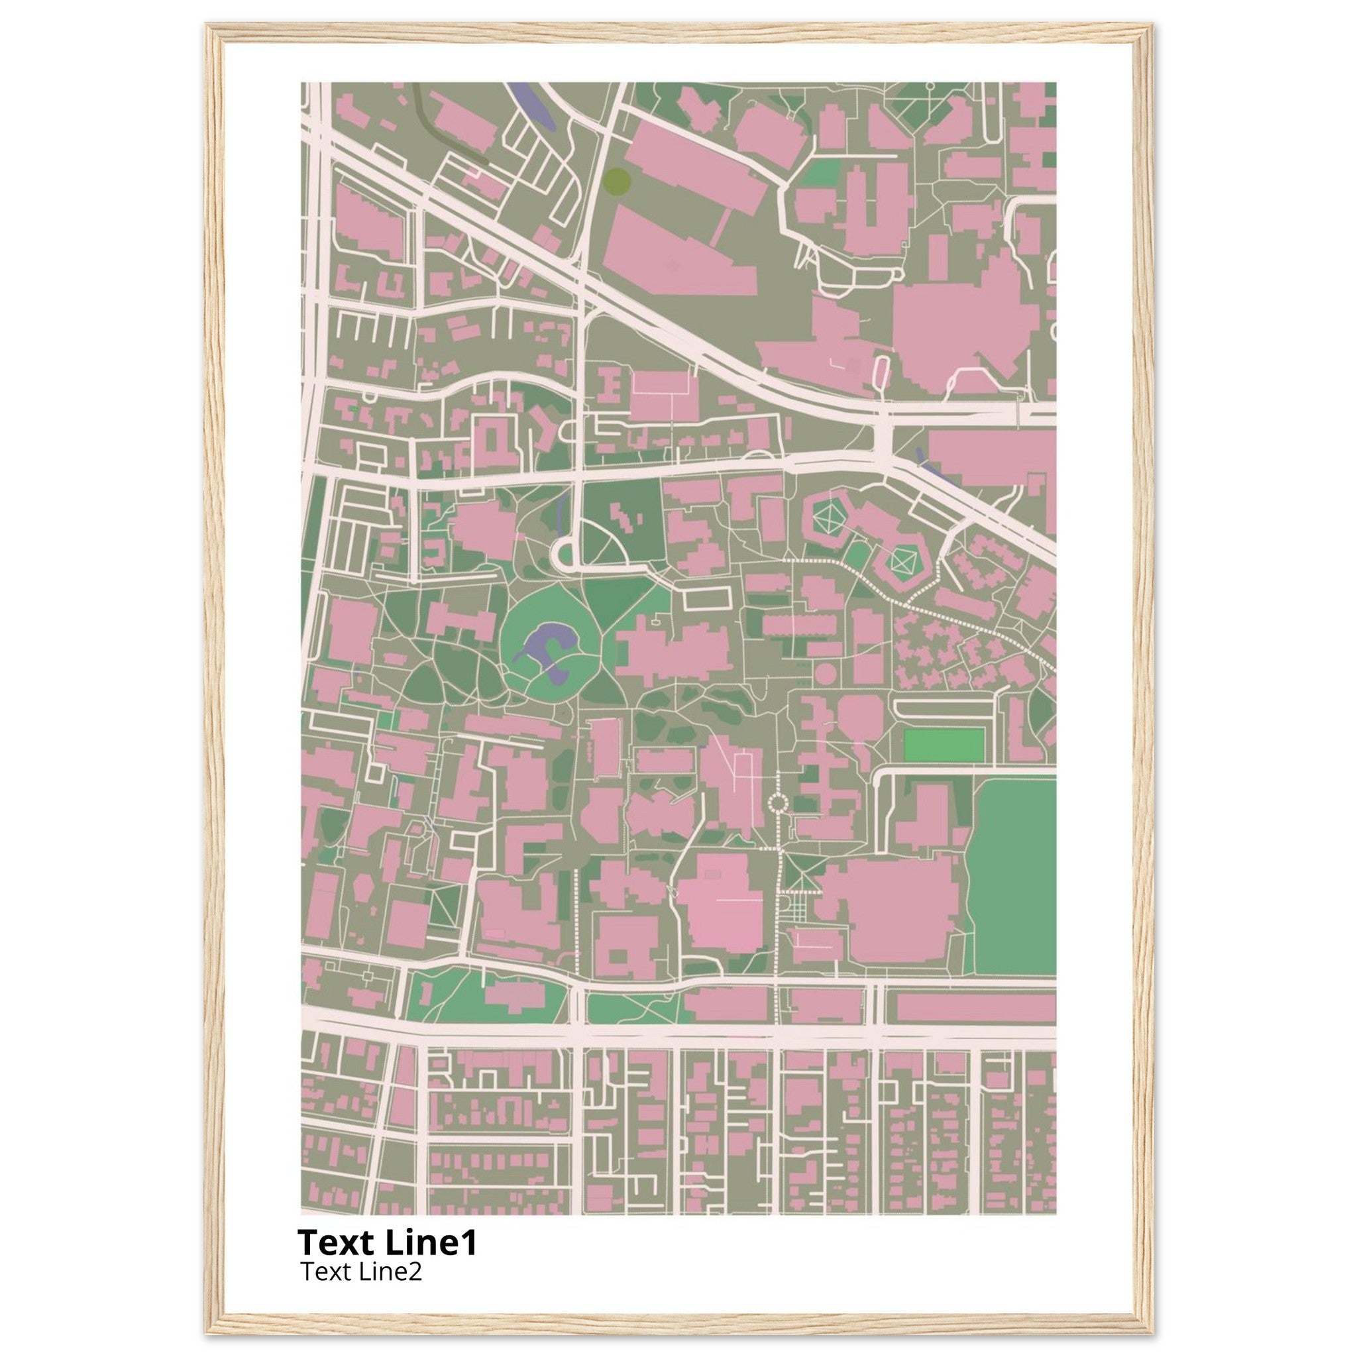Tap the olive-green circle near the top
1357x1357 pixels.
(x=616, y=180)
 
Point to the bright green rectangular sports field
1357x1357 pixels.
(x=943, y=745)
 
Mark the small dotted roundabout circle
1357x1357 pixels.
(x=777, y=802)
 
